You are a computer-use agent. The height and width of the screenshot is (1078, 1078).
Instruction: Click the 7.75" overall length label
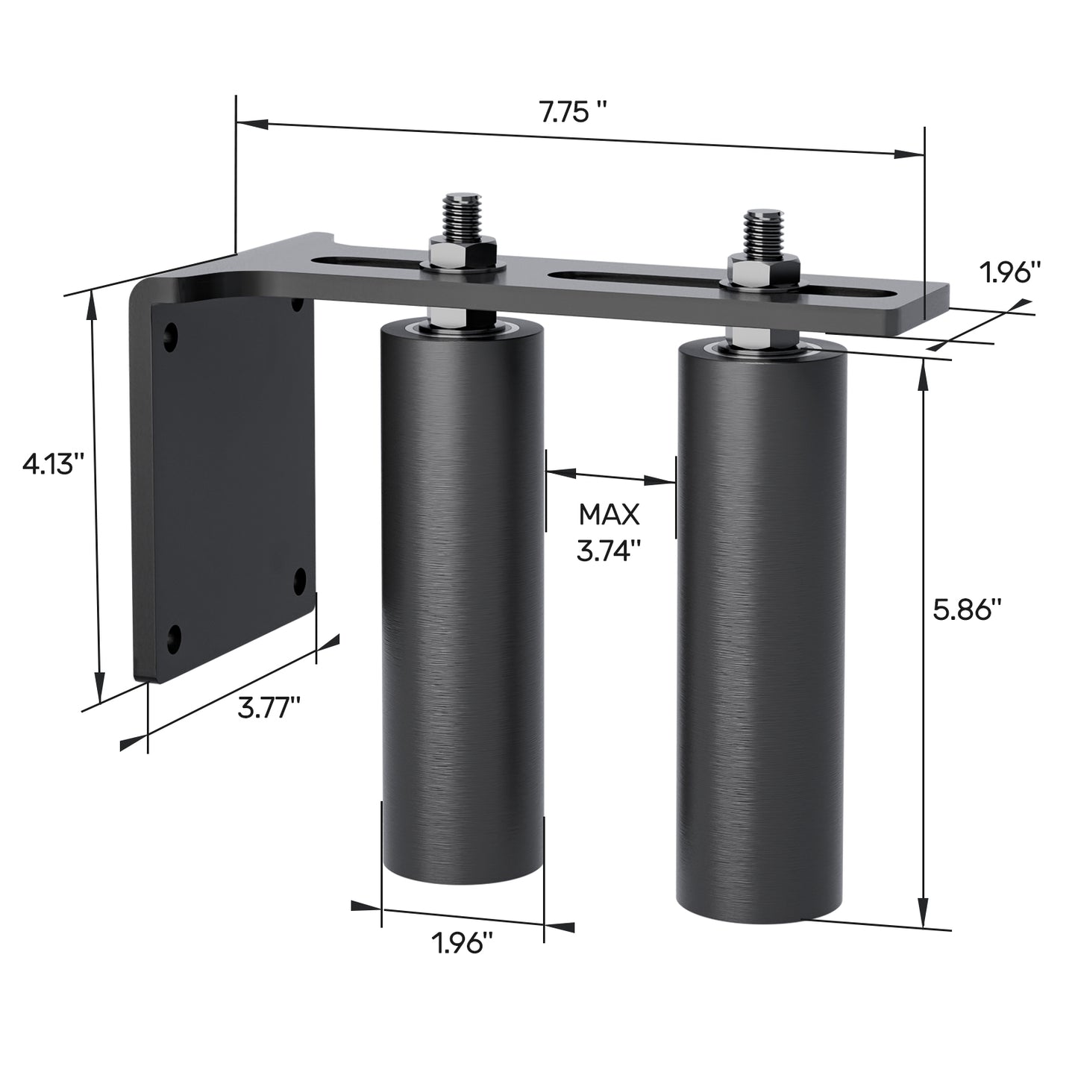(572, 113)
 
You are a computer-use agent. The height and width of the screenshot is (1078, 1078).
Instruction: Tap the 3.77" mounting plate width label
(269, 706)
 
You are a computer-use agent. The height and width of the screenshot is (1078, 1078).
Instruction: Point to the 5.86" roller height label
(967, 609)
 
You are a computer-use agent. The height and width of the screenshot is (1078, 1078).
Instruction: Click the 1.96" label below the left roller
(463, 944)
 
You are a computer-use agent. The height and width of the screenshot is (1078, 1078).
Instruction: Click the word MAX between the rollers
(609, 514)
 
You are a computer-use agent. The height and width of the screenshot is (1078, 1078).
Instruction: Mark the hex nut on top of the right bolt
(764, 269)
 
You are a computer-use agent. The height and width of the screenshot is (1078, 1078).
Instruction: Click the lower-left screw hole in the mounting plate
(175, 636)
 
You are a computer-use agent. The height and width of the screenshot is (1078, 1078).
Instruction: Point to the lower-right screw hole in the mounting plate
(301, 578)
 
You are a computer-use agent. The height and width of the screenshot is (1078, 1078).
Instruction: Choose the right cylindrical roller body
(761, 634)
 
